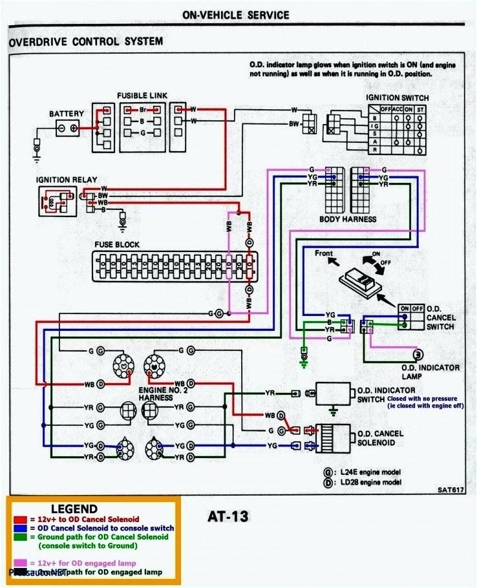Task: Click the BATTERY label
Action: tap(67, 114)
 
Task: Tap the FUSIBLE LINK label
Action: tap(142, 96)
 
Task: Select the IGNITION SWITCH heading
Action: tap(397, 98)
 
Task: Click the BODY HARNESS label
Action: tap(348, 219)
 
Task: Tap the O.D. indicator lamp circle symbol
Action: tap(418, 355)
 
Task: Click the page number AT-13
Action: tap(228, 516)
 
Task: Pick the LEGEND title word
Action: tap(74, 509)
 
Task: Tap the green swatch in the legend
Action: tap(19, 537)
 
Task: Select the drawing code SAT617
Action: tap(450, 490)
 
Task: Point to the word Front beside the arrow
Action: tap(324, 253)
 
